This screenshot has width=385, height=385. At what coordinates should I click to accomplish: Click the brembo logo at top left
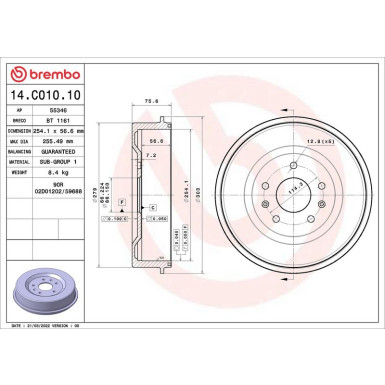(x=40, y=74)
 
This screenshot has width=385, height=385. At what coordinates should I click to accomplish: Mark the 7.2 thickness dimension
(x=149, y=157)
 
